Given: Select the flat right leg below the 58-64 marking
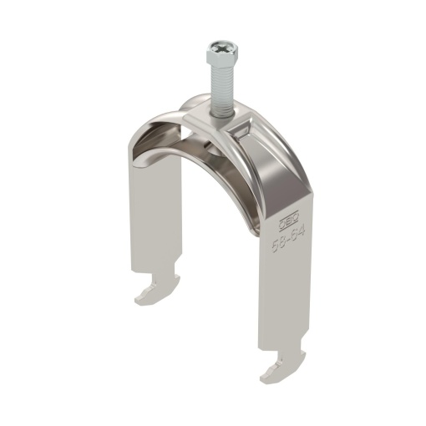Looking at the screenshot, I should (280, 301).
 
